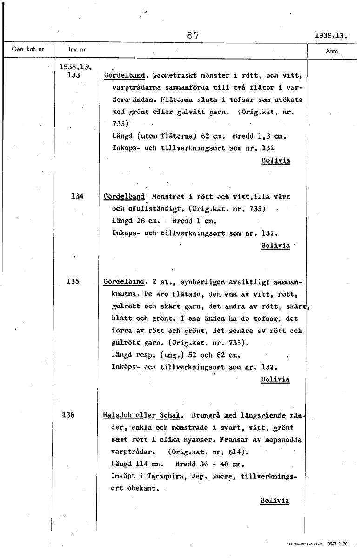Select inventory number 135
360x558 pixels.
coord(73,281)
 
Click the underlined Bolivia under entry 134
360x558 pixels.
coord(275,245)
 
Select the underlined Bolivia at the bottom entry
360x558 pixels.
coord(275,501)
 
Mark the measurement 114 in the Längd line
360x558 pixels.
coord(141,464)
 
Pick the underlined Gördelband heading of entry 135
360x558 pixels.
coord(124,282)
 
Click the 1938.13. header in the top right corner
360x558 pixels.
coord(331,35)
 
